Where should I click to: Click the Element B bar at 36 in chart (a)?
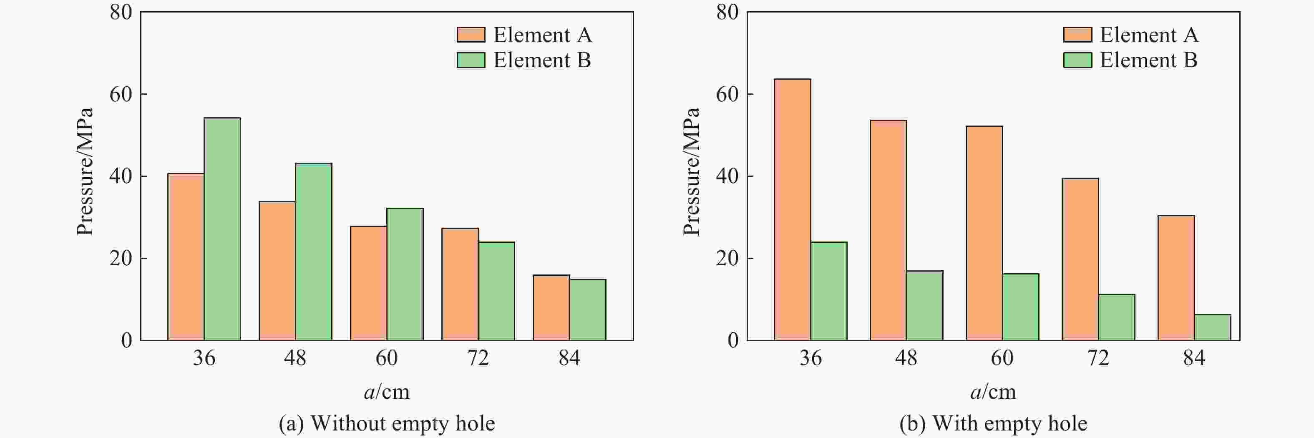coord(222,229)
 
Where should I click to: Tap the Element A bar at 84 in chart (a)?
coord(551,307)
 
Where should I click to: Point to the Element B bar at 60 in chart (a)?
coord(405,274)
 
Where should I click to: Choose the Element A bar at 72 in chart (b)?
coord(1080,259)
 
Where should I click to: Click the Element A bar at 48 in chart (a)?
coord(277,271)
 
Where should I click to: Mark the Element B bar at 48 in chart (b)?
coord(924,305)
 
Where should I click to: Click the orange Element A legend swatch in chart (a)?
coord(470,35)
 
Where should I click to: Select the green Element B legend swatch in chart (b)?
coord(1077,60)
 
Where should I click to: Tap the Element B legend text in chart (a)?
coord(542,60)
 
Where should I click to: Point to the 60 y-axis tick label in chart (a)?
coord(121,94)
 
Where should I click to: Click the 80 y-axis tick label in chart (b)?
coord(727,12)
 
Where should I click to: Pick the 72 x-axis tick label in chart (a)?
coord(478,358)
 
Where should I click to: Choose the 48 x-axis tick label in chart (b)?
coord(906,358)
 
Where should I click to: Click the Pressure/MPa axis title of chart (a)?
coord(85,172)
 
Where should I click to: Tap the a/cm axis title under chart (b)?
coord(993,392)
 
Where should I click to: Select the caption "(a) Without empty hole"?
coord(387,423)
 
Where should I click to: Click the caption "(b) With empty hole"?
coord(993,423)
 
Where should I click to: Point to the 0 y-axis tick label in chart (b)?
coord(733,340)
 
